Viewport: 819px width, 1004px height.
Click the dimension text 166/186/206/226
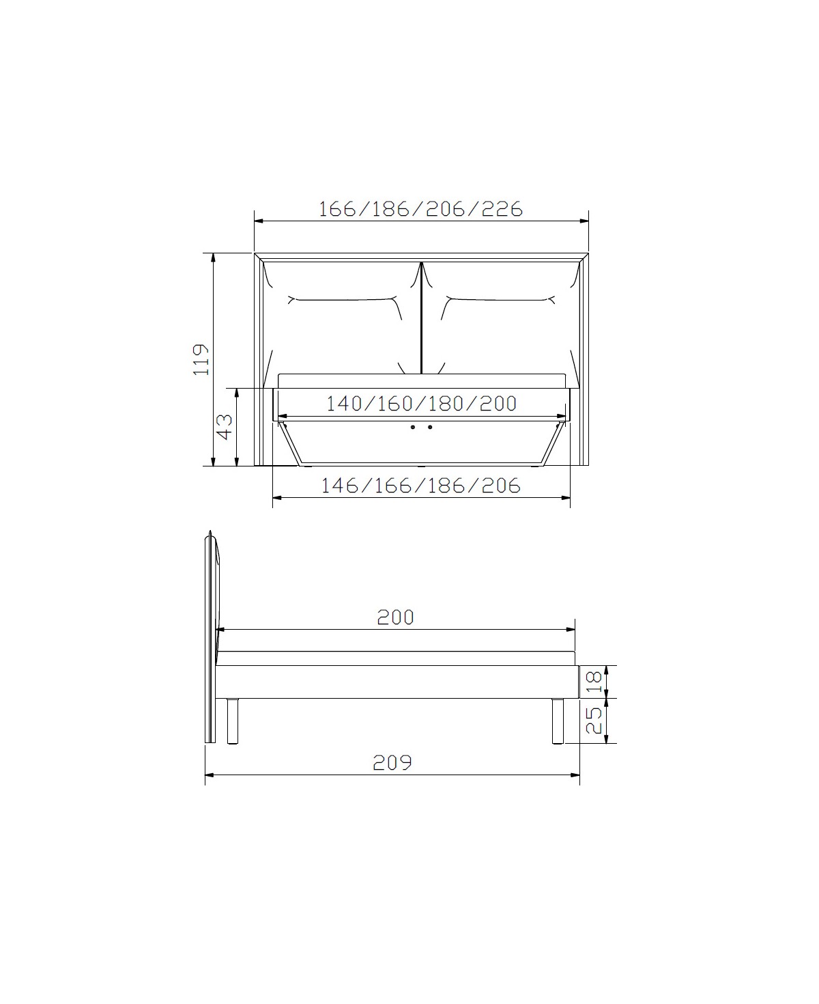tap(420, 209)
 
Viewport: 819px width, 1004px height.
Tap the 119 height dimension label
tap(201, 359)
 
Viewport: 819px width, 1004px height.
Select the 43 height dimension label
tap(225, 427)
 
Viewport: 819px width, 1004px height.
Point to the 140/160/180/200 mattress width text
tap(421, 404)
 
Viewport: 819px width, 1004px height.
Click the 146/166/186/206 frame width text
tap(421, 486)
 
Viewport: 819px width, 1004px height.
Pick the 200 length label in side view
tap(396, 617)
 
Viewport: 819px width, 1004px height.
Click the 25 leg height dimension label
tap(594, 721)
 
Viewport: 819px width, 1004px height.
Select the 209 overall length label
tap(392, 763)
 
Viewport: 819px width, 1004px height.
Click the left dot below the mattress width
tap(413, 427)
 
